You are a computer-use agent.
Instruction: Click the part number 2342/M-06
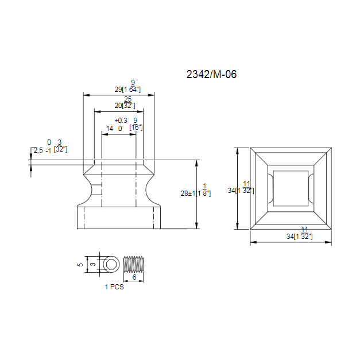(x=211, y=74)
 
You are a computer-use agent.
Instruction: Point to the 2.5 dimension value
(x=38, y=150)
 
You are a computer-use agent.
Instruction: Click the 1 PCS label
(x=114, y=287)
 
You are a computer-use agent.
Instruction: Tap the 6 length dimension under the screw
(x=134, y=277)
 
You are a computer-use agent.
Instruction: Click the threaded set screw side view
(x=134, y=264)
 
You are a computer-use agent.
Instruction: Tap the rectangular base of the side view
(x=119, y=218)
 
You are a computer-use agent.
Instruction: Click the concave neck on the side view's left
(x=87, y=189)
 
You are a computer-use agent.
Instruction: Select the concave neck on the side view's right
(x=151, y=189)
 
